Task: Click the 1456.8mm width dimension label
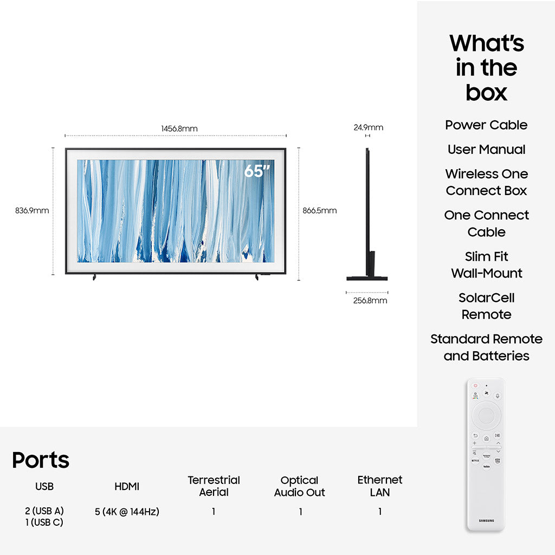coord(179,128)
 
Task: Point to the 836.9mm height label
coord(32,211)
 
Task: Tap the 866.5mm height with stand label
coord(320,211)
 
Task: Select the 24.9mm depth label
coord(368,127)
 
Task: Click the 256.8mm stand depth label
coord(370,300)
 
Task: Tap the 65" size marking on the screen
coord(257,171)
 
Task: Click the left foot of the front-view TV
coord(94,277)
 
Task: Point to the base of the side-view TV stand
coord(367,279)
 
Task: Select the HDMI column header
coord(127,487)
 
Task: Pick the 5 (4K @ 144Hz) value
coord(127,512)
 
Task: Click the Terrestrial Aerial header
coord(214,486)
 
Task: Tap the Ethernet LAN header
coord(380,486)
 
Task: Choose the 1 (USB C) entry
coord(44,522)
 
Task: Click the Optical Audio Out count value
coord(300,512)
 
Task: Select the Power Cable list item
coord(486,125)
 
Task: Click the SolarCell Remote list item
coord(486,306)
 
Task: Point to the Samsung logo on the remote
coord(486,521)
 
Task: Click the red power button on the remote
coord(475,385)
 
